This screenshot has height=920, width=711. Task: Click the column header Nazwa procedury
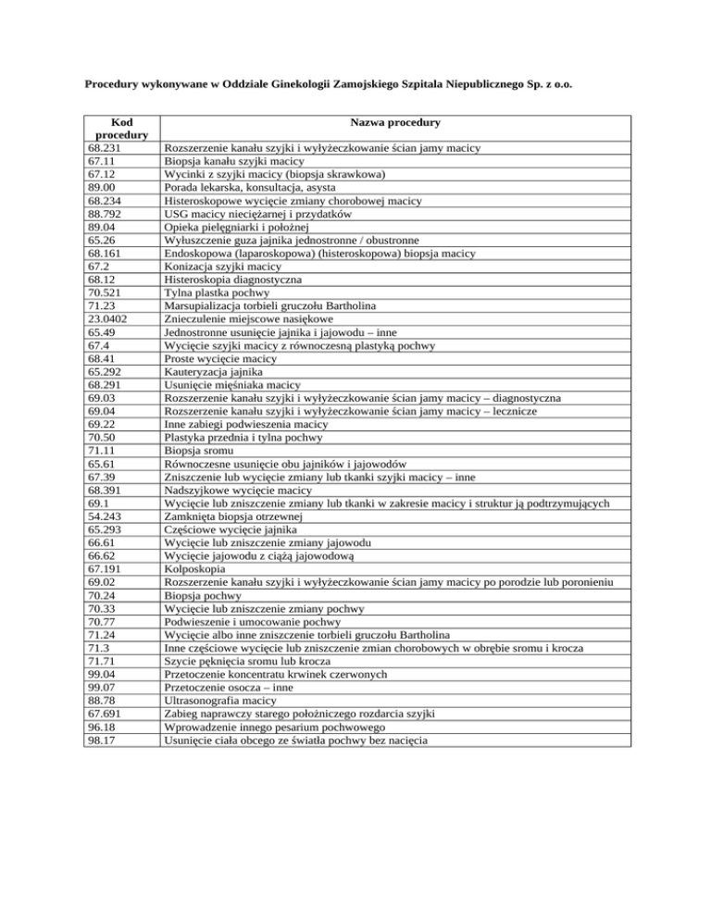point(394,122)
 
